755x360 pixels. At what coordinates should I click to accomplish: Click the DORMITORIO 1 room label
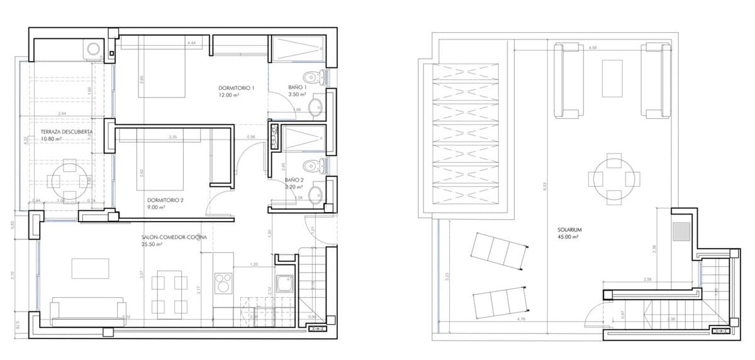point(236,87)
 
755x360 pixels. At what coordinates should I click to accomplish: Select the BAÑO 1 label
point(298,87)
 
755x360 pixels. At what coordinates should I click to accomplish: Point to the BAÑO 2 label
point(295,180)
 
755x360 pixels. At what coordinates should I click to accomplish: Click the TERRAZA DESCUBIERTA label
point(67,132)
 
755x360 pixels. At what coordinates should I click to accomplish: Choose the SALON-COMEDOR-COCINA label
point(174,237)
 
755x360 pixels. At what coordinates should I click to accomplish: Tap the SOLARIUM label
point(569,230)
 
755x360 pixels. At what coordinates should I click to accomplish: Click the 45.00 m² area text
point(568,237)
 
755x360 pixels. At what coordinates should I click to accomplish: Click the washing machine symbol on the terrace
point(94,48)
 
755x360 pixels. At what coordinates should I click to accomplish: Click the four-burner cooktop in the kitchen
point(223,281)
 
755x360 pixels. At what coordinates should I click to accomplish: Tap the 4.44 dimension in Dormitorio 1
point(191,43)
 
